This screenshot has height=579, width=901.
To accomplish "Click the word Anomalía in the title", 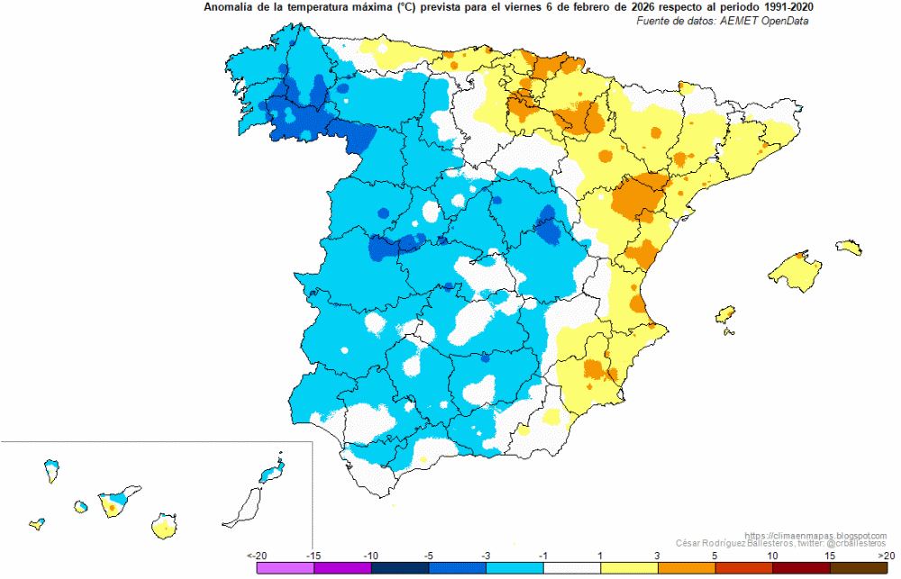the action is point(226,7).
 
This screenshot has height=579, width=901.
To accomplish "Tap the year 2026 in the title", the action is point(623,7).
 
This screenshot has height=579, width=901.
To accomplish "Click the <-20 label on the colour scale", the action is point(257,556).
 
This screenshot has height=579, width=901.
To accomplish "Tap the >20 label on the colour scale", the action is point(885,556).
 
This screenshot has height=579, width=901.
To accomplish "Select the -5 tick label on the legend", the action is point(428,556).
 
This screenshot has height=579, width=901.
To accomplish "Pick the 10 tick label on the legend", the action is point(772,556).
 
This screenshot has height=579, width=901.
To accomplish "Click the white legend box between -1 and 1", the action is point(572,568).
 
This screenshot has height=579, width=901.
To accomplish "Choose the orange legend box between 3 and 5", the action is point(686,568).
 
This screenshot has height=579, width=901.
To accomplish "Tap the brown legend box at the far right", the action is point(859,568).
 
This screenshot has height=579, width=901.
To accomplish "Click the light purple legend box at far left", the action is point(286,568).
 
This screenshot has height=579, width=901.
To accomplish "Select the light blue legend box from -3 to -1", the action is point(514,568).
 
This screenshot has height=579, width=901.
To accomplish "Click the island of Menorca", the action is point(849,247).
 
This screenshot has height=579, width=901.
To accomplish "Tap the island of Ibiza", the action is point(725,314).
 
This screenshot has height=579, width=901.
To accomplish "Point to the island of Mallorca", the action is point(796,271).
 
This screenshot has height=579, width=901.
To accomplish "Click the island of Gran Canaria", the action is point(164,526).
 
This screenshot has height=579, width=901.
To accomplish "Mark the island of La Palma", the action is point(52,470).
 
